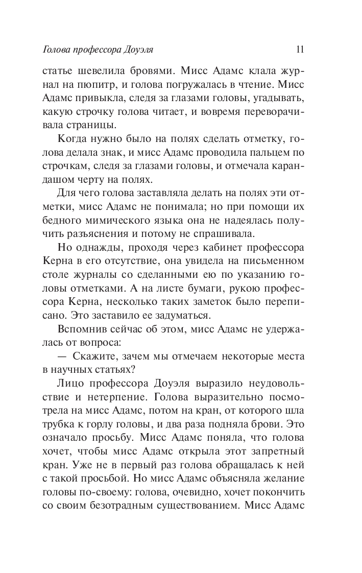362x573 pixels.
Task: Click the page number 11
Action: (x=300, y=50)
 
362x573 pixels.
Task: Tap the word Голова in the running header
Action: (x=55, y=50)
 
